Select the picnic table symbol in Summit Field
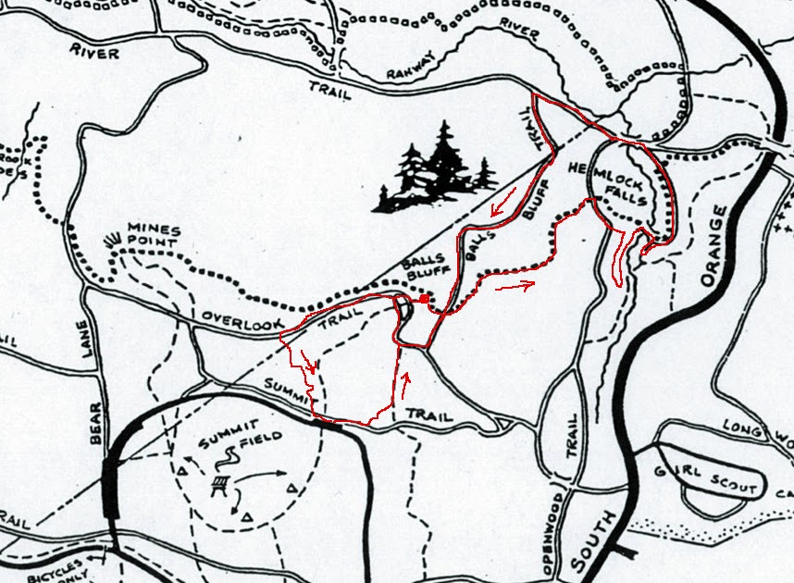click(x=220, y=484)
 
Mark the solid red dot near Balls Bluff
click(x=423, y=300)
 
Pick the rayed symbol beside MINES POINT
click(x=114, y=242)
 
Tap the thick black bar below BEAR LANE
click(x=111, y=485)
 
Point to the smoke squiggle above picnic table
click(x=224, y=460)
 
